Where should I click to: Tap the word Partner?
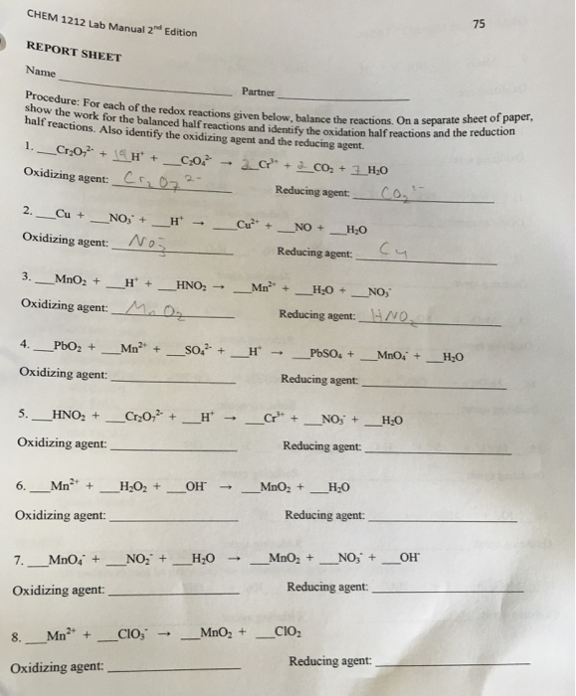point(257,90)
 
